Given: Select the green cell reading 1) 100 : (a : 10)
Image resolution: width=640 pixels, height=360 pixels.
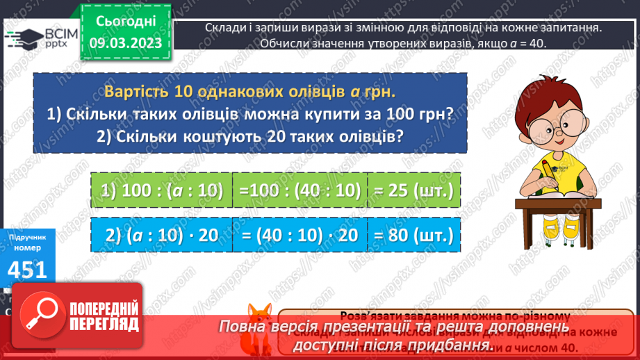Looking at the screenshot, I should pyautogui.click(x=161, y=190).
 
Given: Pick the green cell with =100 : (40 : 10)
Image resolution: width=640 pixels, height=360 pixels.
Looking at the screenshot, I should pyautogui.click(x=300, y=190).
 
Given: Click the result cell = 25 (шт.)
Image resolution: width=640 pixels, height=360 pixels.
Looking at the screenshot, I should pyautogui.click(x=414, y=190).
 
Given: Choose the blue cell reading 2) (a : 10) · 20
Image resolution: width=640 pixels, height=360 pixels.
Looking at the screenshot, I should pyautogui.click(x=161, y=235).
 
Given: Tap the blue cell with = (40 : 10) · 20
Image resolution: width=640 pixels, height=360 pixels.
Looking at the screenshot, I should pyautogui.click(x=300, y=235).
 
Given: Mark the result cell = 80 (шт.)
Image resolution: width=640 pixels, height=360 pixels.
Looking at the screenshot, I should pyautogui.click(x=414, y=235).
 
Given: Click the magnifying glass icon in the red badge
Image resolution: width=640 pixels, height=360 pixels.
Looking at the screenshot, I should pyautogui.click(x=41, y=318).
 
